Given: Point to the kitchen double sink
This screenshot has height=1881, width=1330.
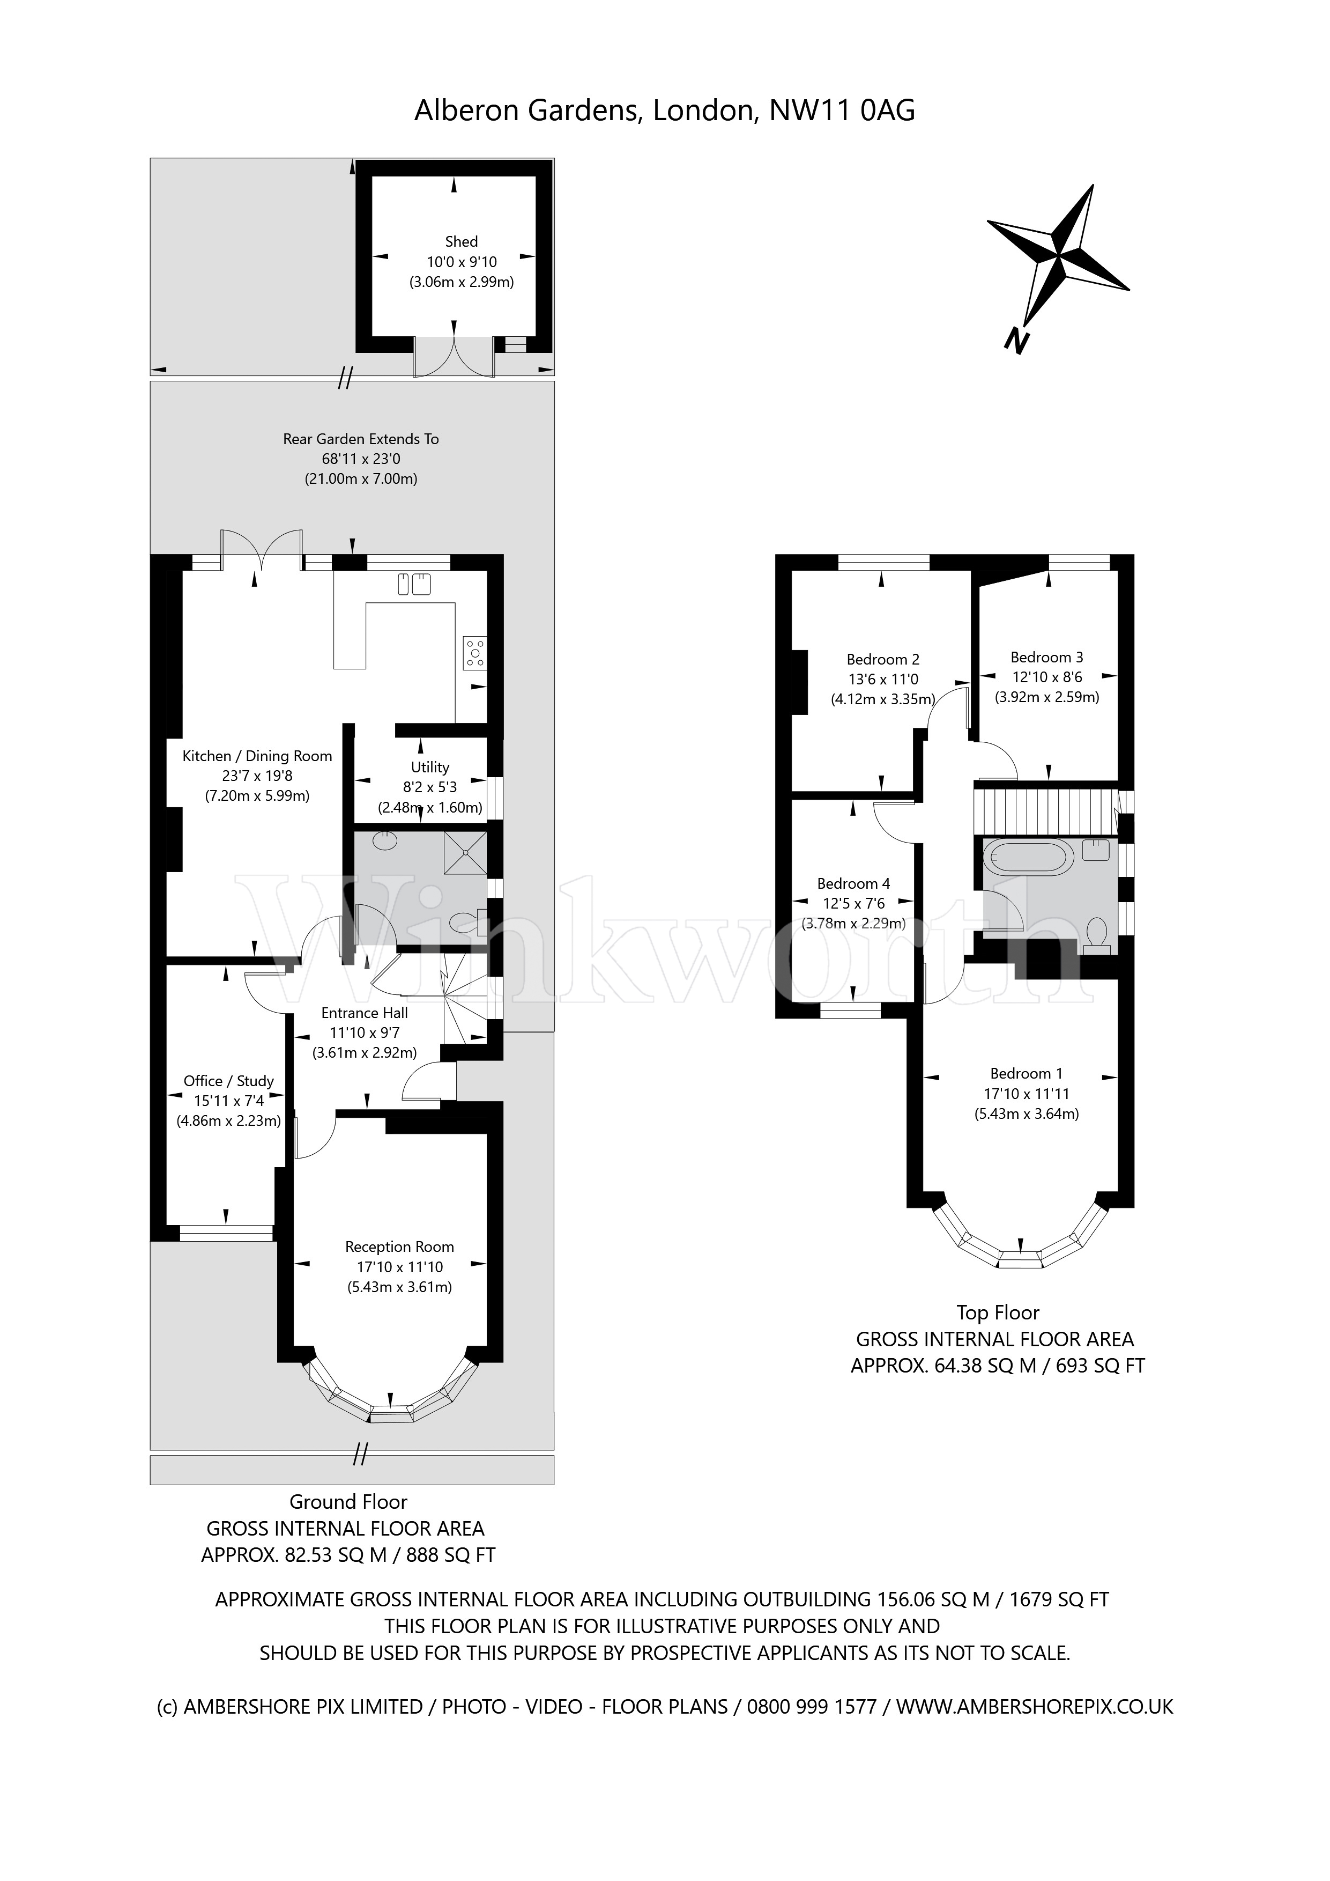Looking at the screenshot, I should [x=414, y=584].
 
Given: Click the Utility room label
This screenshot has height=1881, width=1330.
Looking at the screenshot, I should [x=430, y=767].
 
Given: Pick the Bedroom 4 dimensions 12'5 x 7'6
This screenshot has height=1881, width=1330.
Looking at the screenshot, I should [x=853, y=904].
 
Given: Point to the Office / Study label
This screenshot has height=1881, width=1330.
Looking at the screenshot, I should [x=228, y=1081].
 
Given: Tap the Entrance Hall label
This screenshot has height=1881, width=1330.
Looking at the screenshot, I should [x=365, y=1013].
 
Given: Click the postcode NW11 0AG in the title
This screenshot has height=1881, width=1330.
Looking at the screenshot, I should [x=842, y=110].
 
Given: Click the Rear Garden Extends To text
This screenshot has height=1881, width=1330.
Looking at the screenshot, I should [x=361, y=439].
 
